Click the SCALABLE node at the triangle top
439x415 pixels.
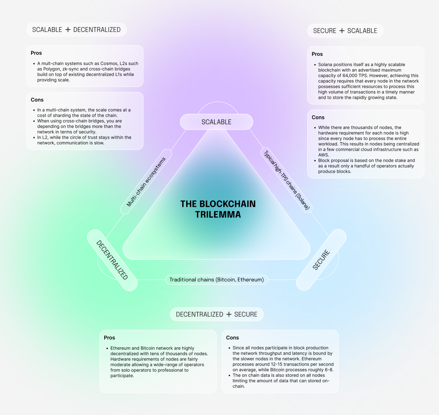pos(216,122)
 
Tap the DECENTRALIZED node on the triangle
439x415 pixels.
pos(112,260)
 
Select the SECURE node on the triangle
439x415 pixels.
pos(321,260)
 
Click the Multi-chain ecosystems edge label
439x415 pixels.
pos(146,182)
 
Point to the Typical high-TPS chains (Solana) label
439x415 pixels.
pos(287,181)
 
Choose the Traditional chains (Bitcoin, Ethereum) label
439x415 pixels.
pos(217,280)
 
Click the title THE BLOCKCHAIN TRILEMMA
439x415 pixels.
pos(218,209)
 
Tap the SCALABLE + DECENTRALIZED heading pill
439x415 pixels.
pos(76,30)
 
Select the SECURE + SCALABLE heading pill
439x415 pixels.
pos(345,31)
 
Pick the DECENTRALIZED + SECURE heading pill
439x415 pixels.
pos(217,314)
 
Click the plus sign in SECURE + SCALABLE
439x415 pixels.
pos(342,31)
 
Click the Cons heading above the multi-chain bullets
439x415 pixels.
pos(37,100)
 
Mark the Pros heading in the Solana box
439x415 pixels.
pos(317,54)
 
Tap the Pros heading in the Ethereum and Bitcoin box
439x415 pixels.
pos(109,337)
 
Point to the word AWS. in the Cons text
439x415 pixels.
pos(324,155)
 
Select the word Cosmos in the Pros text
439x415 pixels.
pos(109,63)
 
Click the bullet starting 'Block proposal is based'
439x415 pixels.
pos(366,166)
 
